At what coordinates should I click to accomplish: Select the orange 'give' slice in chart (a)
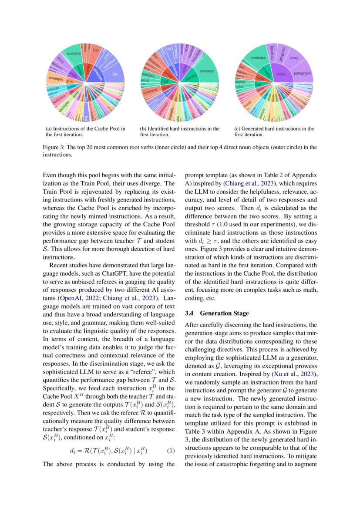click(70, 81)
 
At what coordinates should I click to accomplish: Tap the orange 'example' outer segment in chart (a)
click(56, 79)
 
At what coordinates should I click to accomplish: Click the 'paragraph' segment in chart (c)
click(302, 74)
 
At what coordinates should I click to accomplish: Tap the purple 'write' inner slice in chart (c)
click(281, 74)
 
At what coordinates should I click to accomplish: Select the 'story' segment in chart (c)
click(294, 58)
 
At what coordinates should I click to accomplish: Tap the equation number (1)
click(171, 451)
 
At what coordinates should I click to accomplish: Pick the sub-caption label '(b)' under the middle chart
click(143, 129)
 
